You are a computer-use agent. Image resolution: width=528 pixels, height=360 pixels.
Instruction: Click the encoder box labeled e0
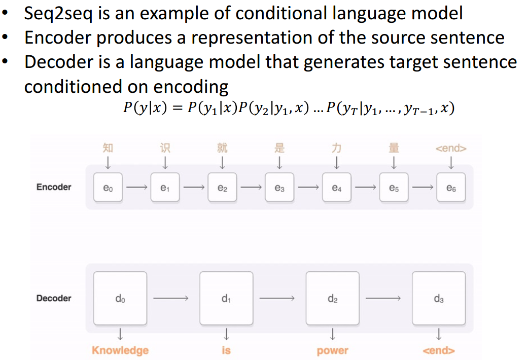[108, 187]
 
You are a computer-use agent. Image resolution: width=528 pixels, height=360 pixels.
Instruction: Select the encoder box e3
[279, 187]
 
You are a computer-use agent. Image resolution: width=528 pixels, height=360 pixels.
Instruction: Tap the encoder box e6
[451, 187]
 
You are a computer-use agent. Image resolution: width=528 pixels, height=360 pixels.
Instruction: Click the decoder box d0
[120, 298]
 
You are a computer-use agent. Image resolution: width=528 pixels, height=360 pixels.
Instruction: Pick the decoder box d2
[332, 298]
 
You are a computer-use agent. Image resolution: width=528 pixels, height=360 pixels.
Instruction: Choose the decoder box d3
[439, 298]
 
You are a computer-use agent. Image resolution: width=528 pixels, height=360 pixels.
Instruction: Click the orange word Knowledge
[120, 350]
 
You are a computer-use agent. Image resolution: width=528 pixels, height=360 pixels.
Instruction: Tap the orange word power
[332, 350]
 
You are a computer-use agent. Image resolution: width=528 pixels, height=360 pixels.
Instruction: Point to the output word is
[226, 350]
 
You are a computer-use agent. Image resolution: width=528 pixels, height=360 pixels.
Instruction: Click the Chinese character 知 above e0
[108, 148]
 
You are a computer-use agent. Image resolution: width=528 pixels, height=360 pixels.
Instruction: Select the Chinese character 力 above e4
[336, 148]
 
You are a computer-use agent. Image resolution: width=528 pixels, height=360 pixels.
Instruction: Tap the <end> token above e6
[451, 149]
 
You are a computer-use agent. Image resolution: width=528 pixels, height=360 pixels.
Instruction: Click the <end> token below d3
[439, 350]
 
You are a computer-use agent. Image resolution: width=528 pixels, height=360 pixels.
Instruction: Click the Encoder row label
[54, 187]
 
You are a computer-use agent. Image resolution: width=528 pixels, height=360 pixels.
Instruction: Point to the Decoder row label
[54, 298]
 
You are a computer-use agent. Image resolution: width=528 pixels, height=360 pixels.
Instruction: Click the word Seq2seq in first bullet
[56, 13]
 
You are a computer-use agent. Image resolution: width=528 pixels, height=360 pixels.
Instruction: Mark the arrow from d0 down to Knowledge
[120, 334]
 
